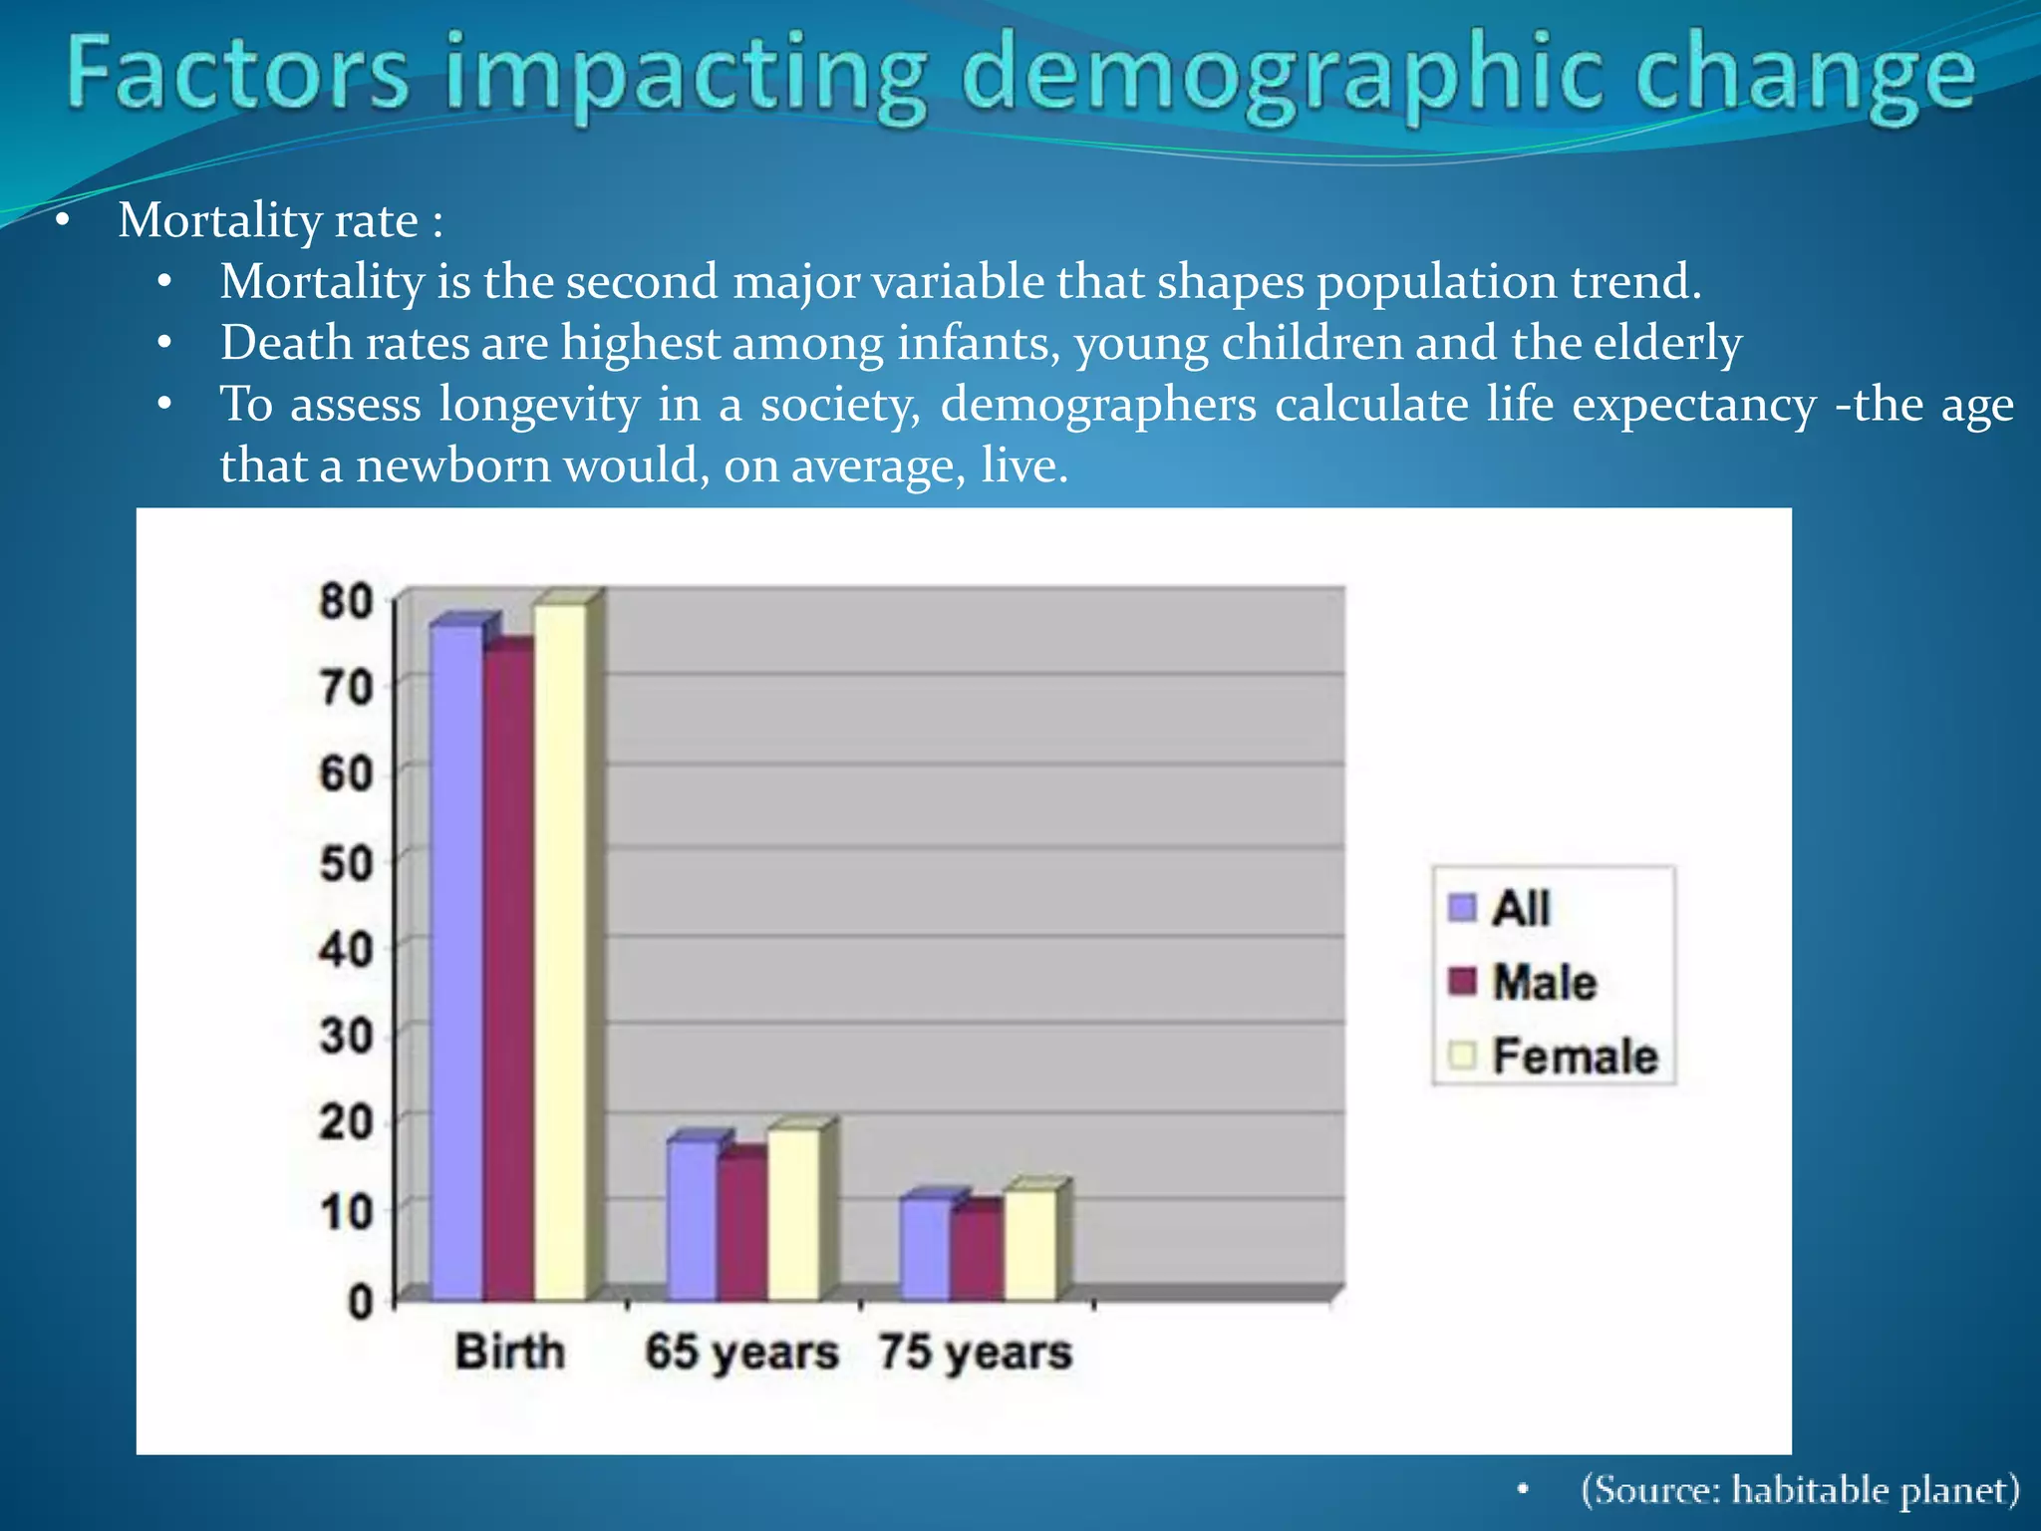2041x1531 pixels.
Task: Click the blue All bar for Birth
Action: click(x=456, y=962)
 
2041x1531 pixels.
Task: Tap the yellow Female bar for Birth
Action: click(x=560, y=952)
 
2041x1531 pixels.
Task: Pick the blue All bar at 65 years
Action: click(x=692, y=1220)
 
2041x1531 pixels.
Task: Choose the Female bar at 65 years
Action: click(x=793, y=1214)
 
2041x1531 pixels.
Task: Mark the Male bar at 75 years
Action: click(x=977, y=1254)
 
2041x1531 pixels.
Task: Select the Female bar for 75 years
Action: click(x=1029, y=1245)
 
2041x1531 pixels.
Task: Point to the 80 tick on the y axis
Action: click(x=346, y=601)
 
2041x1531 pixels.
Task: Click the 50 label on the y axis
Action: click(x=346, y=863)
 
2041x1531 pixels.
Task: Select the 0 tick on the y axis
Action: click(x=360, y=1301)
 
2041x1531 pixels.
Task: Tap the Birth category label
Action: click(x=509, y=1352)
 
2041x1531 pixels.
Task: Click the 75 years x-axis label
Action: click(x=976, y=1353)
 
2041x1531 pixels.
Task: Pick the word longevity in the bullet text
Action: click(x=539, y=405)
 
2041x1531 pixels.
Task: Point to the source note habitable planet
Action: click(x=1874, y=1489)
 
